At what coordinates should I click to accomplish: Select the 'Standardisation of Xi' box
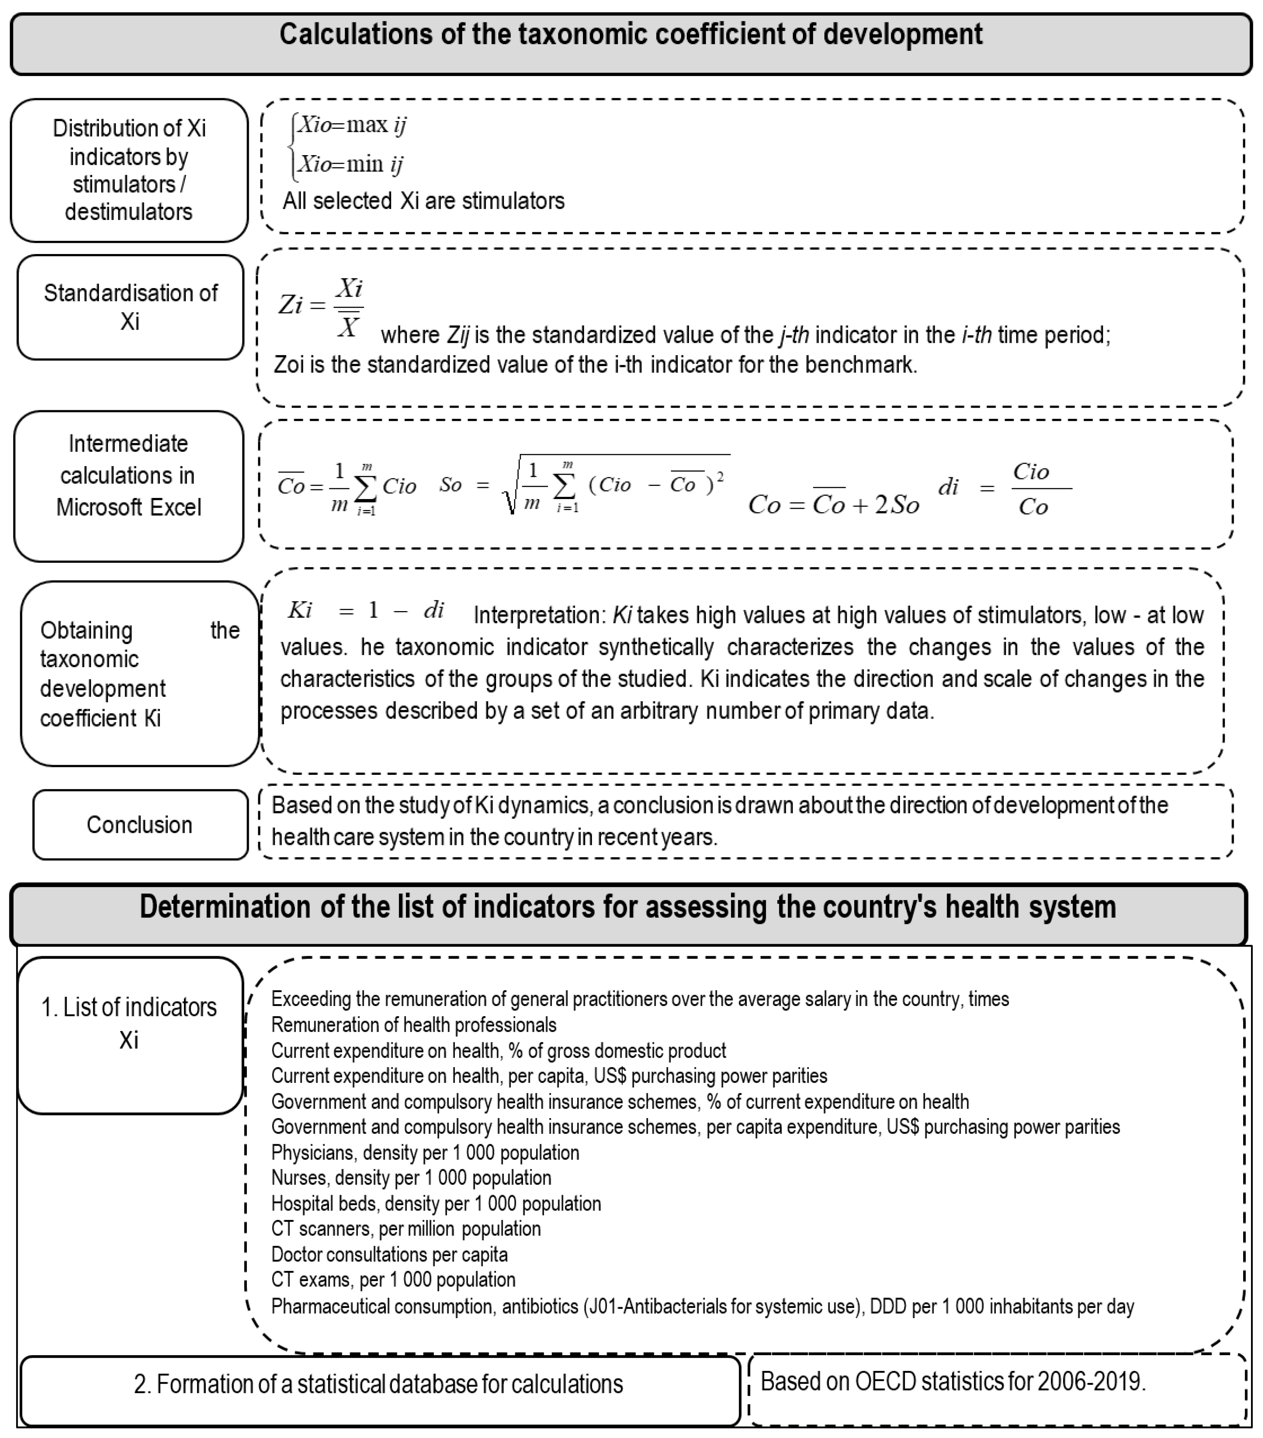(130, 307)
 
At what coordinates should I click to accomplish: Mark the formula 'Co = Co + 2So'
(834, 504)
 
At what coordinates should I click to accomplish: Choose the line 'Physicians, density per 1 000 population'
(425, 1152)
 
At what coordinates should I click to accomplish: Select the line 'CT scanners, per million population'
(406, 1228)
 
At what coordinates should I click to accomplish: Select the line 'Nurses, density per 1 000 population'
(411, 1178)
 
